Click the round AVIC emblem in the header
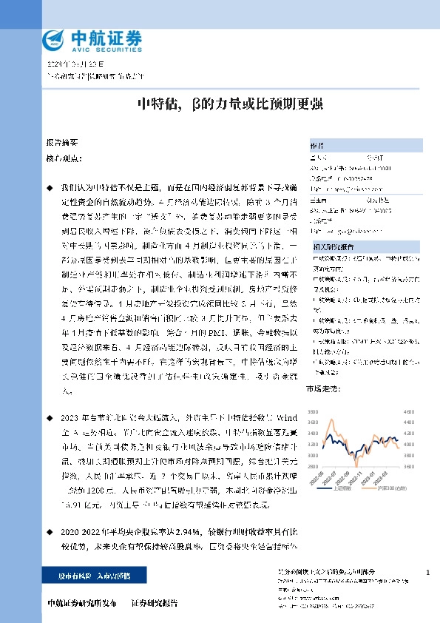[x=53, y=38]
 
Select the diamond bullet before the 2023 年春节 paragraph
[x=50, y=417]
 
